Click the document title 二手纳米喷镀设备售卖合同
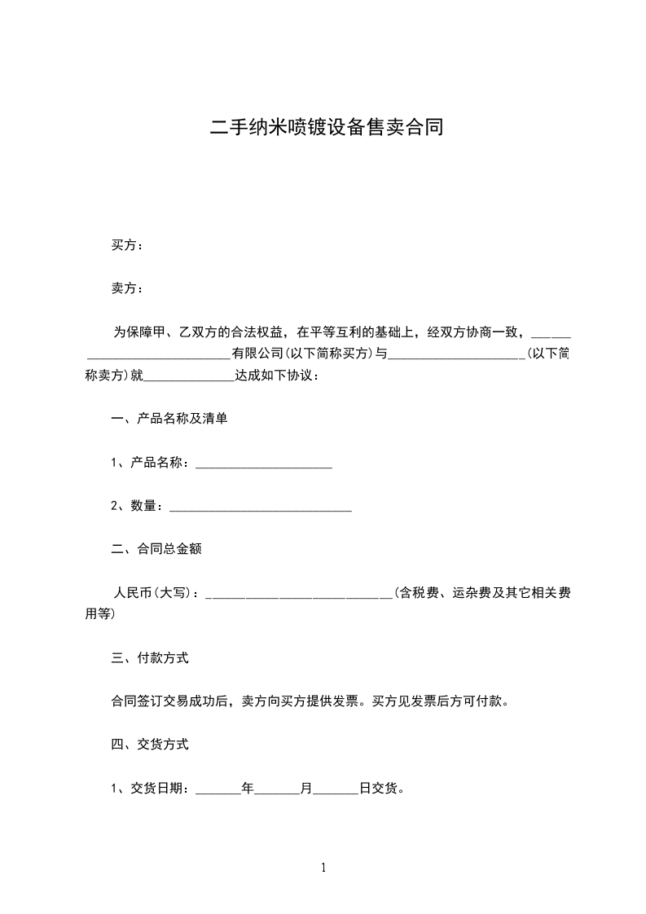326,128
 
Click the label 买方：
128,245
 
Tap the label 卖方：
128,288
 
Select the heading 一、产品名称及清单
169,419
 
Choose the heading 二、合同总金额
156,549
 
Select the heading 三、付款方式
149,657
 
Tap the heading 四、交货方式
149,744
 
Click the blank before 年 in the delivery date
218,789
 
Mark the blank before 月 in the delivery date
277,789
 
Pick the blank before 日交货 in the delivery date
336,789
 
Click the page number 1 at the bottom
323,868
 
